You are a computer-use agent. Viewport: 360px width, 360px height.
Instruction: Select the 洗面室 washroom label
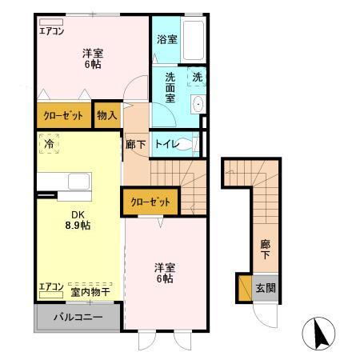170,87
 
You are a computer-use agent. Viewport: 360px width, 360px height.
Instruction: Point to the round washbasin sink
198,104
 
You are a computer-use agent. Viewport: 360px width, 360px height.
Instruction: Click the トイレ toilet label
166,145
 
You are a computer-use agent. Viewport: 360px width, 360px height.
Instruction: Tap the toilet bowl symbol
186,145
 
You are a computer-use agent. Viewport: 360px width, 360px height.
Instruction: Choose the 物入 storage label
106,115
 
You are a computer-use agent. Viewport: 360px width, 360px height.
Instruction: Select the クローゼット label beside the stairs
149,202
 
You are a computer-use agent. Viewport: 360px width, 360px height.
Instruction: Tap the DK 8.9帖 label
78,218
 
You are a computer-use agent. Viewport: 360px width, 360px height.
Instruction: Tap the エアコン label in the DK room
51,286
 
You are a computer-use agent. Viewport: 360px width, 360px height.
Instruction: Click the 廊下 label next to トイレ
136,145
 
